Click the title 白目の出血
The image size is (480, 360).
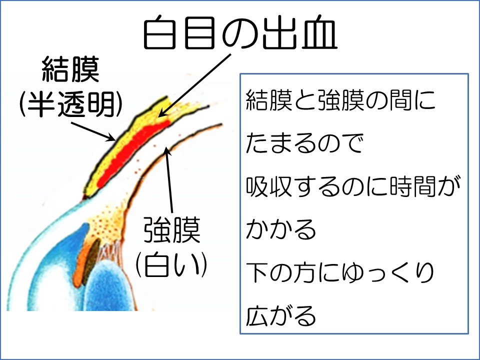pyautogui.click(x=240, y=32)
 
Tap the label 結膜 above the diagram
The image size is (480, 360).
pyautogui.click(x=70, y=69)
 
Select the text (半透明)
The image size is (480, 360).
pyautogui.click(x=70, y=104)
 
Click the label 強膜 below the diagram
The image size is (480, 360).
pyautogui.click(x=172, y=229)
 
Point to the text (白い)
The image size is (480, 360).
pyautogui.click(x=171, y=264)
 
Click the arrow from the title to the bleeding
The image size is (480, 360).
pyautogui.click(x=194, y=85)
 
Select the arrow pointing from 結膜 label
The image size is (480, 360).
pyautogui.click(x=93, y=131)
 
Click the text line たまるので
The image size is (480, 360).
pyautogui.click(x=304, y=143)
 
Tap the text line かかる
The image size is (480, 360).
pyautogui.click(x=280, y=229)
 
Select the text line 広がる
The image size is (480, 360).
pyautogui.click(x=280, y=315)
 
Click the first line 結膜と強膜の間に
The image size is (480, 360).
pyautogui.click(x=340, y=100)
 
